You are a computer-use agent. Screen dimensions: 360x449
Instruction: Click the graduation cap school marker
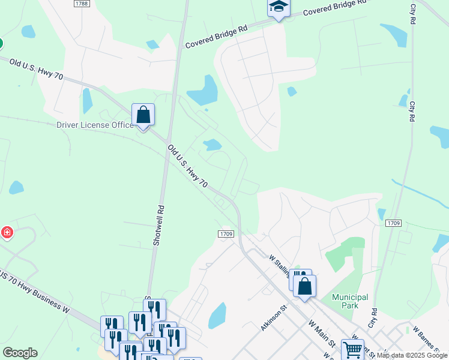[279, 7]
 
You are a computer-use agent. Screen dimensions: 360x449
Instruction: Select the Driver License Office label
[95, 125]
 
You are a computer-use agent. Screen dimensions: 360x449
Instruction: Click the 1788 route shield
[82, 4]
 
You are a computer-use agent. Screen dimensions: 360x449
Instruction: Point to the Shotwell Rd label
[158, 225]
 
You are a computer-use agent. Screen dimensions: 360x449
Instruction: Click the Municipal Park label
[351, 301]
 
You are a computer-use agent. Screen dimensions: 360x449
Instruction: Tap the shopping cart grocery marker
[352, 349]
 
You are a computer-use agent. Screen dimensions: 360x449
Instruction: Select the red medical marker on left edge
[6, 232]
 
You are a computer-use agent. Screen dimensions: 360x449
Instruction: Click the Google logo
[20, 353]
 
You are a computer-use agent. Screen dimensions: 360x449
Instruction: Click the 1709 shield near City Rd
[393, 223]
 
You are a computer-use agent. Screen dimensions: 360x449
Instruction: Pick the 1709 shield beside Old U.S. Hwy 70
[226, 234]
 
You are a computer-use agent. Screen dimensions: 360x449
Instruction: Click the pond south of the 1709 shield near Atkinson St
[217, 316]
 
